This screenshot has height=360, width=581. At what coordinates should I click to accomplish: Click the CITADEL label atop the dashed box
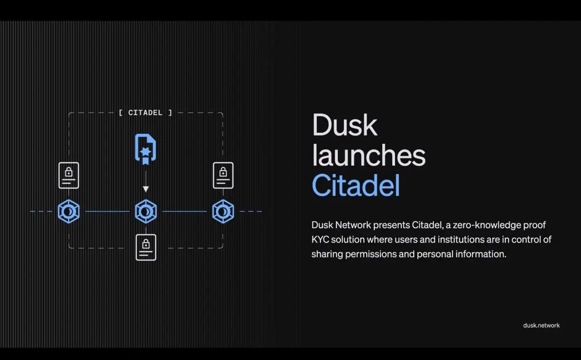click(145, 113)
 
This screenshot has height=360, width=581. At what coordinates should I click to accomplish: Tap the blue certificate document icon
click(146, 150)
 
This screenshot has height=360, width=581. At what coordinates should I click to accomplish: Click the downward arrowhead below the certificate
click(146, 189)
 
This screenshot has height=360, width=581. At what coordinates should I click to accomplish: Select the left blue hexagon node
click(69, 211)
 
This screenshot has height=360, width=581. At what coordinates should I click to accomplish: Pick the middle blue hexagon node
click(146, 211)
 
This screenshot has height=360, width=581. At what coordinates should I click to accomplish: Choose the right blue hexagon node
click(223, 211)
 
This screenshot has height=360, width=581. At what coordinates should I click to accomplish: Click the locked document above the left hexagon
click(69, 176)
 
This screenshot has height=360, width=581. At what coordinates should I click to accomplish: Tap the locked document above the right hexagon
click(223, 176)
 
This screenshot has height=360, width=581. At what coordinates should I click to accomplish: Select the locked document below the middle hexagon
click(146, 247)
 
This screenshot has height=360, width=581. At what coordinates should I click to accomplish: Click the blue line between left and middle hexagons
click(107, 211)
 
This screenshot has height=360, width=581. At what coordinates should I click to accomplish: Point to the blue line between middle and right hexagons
click(184, 211)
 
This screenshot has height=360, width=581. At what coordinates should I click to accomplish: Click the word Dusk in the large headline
click(345, 125)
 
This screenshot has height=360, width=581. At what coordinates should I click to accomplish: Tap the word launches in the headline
click(368, 155)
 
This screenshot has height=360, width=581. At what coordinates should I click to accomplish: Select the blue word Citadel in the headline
click(356, 185)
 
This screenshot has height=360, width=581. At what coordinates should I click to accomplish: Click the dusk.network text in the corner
click(541, 325)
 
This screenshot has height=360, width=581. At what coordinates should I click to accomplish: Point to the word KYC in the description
click(320, 240)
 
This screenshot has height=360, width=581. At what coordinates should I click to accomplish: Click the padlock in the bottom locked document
click(146, 244)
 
